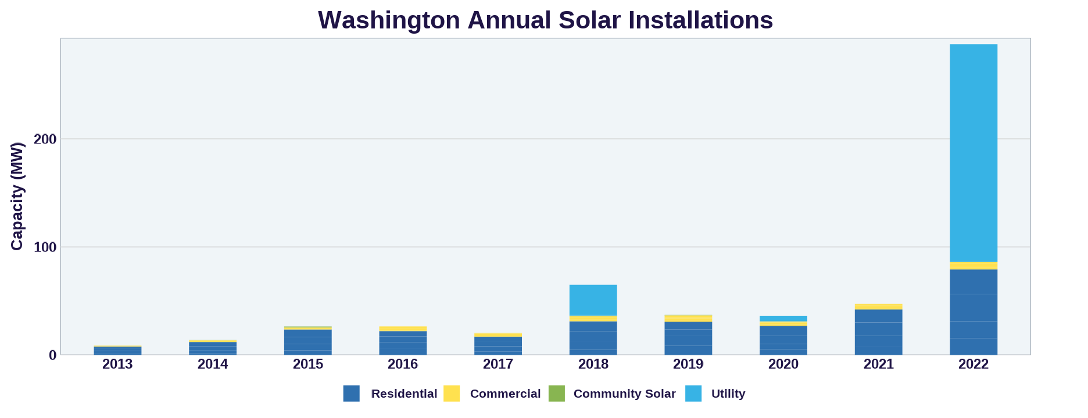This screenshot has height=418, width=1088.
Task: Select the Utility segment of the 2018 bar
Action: coord(593,300)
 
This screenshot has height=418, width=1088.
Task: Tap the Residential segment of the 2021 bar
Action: coord(878,332)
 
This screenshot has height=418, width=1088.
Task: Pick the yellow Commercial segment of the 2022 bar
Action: coord(974,265)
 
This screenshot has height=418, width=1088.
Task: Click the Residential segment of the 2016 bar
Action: coord(403,343)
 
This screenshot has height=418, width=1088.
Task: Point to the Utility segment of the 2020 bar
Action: coord(783,319)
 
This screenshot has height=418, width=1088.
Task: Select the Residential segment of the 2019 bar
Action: coord(688,338)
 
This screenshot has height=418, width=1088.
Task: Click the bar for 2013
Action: coord(117,351)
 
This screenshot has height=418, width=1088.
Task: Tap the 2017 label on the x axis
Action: coord(498,365)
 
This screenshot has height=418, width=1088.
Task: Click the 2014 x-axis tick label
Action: coord(213,365)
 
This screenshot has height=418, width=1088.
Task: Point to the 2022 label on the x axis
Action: coord(974,365)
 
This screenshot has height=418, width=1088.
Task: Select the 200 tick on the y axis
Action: coord(45,139)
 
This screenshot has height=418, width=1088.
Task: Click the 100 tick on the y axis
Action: coord(45,247)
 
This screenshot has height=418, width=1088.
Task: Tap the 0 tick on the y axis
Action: coord(53,355)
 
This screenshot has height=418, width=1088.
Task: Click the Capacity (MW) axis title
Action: coord(17,196)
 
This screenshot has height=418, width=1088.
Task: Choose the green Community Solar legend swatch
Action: coord(556,394)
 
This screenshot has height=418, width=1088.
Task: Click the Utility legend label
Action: coord(728,394)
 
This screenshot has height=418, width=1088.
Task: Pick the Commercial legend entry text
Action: coord(505,394)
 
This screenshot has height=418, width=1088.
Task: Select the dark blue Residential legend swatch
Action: coord(351,394)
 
